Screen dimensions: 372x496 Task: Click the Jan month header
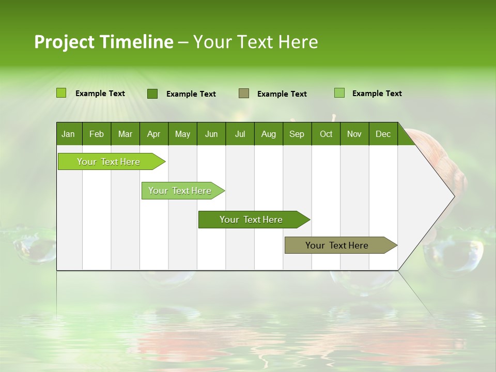coord(68,134)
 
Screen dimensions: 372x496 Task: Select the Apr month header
coord(153,134)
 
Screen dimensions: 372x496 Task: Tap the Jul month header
coord(240,134)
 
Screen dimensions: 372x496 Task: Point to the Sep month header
coord(297,134)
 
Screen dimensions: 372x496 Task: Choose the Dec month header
coord(383,134)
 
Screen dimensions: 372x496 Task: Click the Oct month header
coord(326,134)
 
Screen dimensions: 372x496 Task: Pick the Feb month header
coord(97,134)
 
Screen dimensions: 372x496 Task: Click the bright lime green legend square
coord(61,93)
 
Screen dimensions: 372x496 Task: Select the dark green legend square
coord(152,94)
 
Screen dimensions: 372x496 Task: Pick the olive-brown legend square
coord(243,93)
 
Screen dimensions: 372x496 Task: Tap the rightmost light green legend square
coord(339,93)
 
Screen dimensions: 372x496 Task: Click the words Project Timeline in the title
coord(103,42)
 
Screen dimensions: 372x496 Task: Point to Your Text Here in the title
coord(256,42)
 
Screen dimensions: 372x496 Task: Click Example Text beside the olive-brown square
coord(282,94)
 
